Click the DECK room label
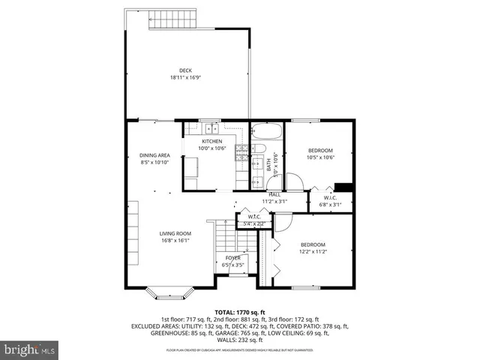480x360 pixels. point(184,70)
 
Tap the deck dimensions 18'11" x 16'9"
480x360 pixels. point(184,77)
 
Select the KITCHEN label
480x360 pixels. point(211,141)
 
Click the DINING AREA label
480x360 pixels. point(154,155)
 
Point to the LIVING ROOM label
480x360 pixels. point(174,233)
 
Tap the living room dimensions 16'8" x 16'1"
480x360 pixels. point(174,240)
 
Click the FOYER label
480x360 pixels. point(232,258)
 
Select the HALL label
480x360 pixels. point(274,195)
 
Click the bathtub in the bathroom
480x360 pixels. point(266,132)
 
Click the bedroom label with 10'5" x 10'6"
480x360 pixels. point(319,151)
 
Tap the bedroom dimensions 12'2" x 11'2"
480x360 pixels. point(313,251)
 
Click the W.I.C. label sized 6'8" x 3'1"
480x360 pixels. point(330,198)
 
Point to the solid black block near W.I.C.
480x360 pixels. point(343,187)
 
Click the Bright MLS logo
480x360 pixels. point(30,349)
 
